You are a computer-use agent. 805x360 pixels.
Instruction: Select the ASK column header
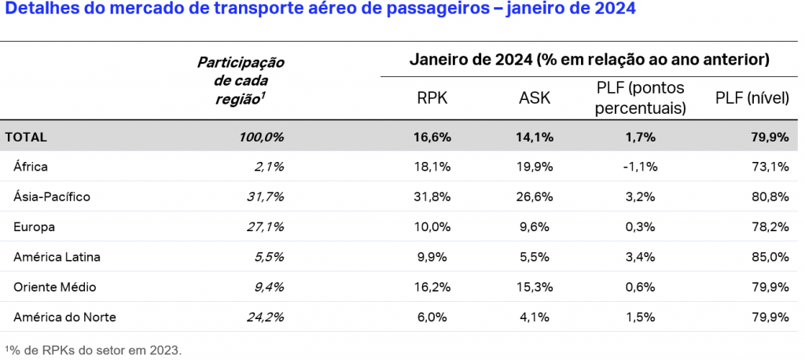click(535, 98)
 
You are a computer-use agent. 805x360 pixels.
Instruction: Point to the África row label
click(31, 167)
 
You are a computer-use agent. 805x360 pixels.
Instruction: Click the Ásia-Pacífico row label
click(52, 197)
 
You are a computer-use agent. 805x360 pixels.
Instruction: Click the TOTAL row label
click(26, 137)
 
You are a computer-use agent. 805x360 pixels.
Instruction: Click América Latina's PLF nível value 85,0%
click(770, 257)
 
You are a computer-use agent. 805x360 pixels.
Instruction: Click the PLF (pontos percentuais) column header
click(640, 97)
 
